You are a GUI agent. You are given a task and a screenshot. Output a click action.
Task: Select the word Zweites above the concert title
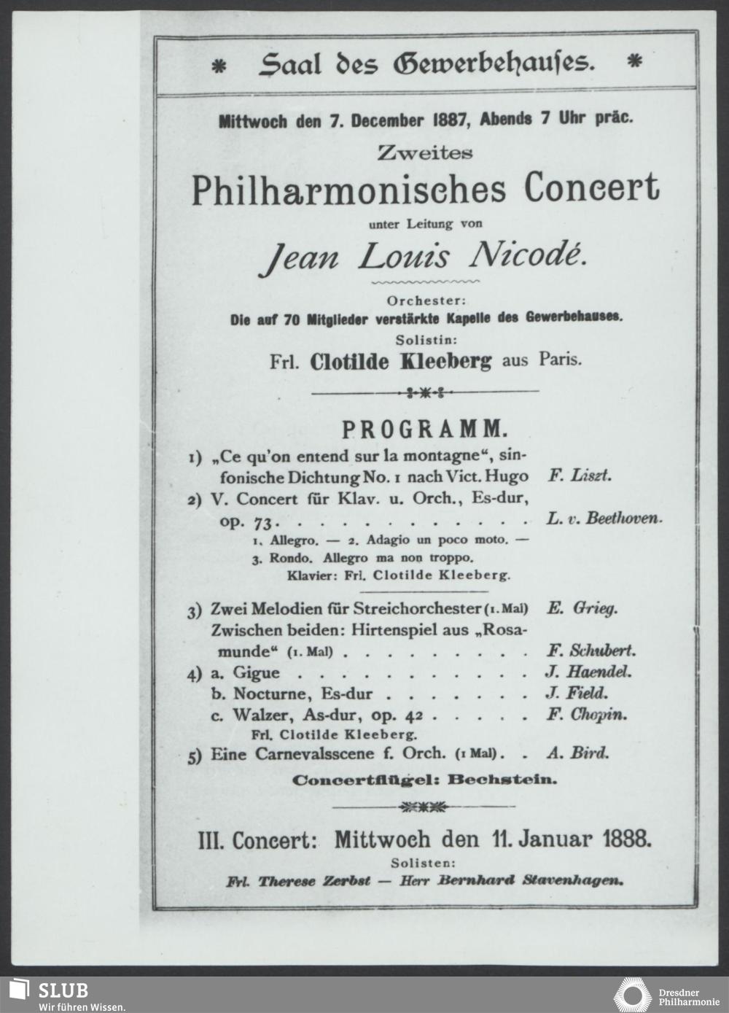click(x=425, y=153)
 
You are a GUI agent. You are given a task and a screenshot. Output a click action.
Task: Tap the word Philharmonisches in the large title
click(x=348, y=189)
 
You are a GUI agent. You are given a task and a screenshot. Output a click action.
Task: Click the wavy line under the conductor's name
click(x=425, y=280)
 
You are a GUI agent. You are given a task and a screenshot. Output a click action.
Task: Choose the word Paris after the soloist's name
click(x=561, y=360)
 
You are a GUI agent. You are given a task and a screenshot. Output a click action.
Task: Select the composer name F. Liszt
click(x=579, y=476)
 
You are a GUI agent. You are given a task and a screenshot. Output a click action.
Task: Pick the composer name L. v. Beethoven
click(x=604, y=519)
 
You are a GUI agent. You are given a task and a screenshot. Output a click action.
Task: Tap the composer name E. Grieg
click(x=581, y=608)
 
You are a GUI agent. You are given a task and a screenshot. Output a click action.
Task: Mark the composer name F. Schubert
click(x=590, y=651)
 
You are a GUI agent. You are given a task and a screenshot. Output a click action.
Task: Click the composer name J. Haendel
click(x=588, y=672)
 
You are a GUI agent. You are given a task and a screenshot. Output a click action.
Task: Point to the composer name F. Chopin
click(x=586, y=715)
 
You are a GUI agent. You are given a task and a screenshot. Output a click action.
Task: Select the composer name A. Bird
click(x=577, y=753)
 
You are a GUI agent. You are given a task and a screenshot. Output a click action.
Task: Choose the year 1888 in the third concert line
click(x=627, y=839)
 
